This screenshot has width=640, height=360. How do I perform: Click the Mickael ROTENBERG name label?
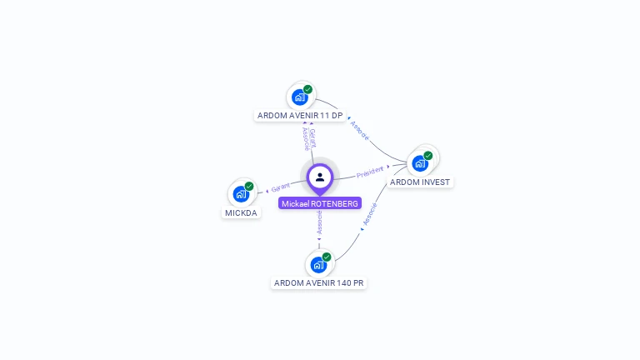(320, 203)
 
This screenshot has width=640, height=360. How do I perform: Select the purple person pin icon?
(320, 177)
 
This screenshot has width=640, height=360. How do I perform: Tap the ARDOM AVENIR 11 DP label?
(300, 115)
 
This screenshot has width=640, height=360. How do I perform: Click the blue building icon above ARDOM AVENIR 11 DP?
(300, 97)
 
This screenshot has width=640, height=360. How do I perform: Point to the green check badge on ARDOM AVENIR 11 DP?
(307, 89)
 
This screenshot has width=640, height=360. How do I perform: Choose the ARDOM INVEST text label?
(420, 182)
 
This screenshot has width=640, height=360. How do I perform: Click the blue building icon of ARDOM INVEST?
(420, 163)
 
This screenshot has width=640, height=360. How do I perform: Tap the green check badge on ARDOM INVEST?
(427, 156)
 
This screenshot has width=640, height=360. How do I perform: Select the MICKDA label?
(242, 212)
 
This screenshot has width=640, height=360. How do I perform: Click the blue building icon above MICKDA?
(242, 194)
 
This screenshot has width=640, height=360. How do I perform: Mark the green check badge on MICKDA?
(249, 187)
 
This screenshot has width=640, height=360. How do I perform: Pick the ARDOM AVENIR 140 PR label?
(319, 283)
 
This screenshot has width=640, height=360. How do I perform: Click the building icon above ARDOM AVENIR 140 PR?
(318, 265)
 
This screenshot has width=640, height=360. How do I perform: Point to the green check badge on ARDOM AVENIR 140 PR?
(327, 257)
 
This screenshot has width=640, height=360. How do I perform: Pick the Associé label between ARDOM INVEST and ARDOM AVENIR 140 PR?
(371, 213)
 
